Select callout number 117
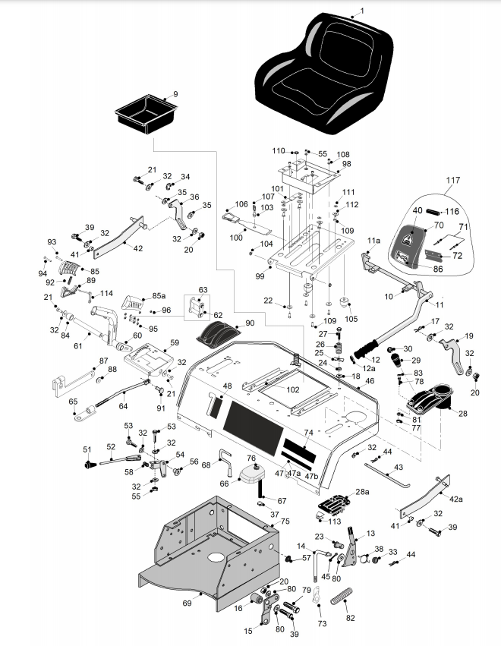click(x=453, y=181)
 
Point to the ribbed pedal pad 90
click(x=214, y=335)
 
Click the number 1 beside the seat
click(x=362, y=11)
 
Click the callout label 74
click(x=308, y=433)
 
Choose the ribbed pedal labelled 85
click(x=70, y=269)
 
